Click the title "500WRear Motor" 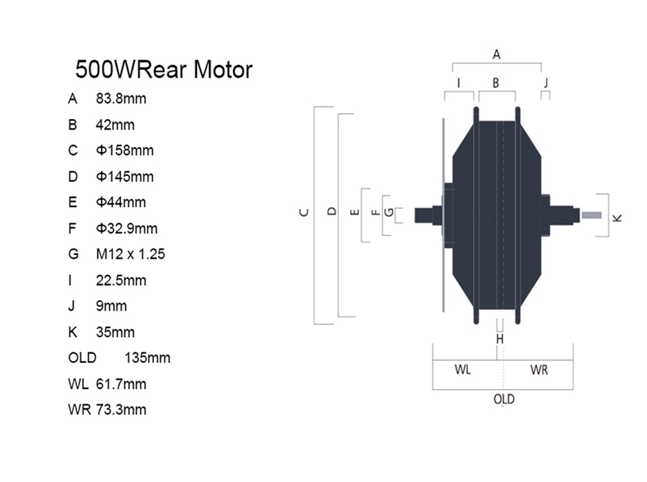(164, 69)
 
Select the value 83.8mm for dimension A (121, 98)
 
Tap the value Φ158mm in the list (125, 150)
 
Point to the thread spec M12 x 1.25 (131, 254)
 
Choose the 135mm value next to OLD (148, 358)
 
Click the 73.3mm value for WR (121, 410)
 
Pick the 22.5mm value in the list (121, 280)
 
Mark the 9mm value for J (111, 306)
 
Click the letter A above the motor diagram (496, 54)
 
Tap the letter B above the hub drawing (496, 83)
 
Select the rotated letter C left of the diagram (303, 212)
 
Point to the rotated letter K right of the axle (617, 218)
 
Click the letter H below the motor (499, 339)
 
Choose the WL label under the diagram (463, 369)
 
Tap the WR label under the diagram (539, 370)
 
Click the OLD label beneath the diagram (504, 399)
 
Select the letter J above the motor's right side (546, 83)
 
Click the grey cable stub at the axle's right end (591, 215)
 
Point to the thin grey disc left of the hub (444, 215)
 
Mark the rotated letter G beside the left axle (389, 212)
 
